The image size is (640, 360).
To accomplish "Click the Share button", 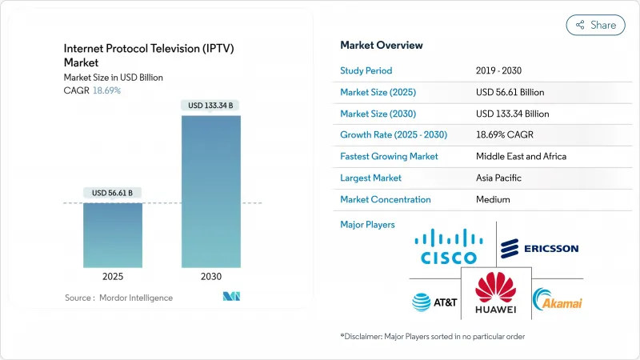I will [595, 25].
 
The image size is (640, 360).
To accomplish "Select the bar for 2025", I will [113, 235].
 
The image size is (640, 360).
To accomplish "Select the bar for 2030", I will [210, 192].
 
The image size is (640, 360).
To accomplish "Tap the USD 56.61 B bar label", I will [113, 193].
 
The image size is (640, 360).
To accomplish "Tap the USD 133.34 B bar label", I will [210, 105].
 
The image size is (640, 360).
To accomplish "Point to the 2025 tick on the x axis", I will [113, 276].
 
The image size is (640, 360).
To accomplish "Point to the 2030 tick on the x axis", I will [210, 276].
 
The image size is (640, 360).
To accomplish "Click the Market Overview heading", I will [382, 45].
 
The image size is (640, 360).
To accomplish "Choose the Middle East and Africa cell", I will [521, 156].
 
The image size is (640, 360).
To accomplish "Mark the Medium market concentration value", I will [492, 199].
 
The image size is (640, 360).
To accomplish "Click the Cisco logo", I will [449, 247].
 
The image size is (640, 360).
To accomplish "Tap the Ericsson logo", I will [539, 249].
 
